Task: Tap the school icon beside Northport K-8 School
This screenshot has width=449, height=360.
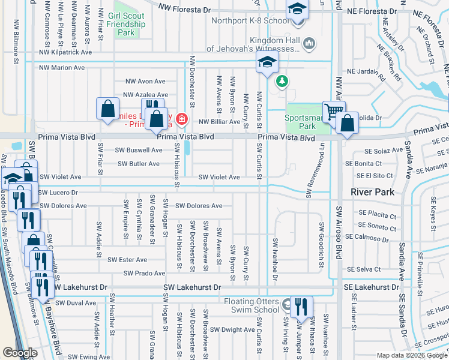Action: [297, 10]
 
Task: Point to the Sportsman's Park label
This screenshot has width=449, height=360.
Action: [307, 122]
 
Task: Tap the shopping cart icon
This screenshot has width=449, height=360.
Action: [334, 110]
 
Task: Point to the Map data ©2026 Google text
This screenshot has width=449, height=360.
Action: [411, 355]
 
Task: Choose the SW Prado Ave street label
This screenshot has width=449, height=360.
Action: [144, 274]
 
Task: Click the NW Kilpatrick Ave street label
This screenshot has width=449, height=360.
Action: [65, 52]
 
